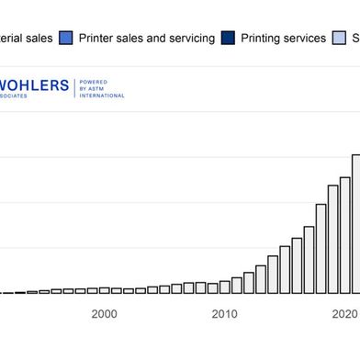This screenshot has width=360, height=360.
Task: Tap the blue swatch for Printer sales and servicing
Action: (66, 38)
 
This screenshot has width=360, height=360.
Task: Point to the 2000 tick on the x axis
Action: (105, 314)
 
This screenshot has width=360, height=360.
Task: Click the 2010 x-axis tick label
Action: (224, 314)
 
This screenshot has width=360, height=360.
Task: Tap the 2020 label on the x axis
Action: (344, 314)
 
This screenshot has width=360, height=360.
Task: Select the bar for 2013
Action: (261, 280)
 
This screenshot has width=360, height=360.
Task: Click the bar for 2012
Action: (249, 284)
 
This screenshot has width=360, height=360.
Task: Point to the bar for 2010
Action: (225, 288)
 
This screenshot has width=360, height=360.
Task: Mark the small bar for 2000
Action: (105, 291)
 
